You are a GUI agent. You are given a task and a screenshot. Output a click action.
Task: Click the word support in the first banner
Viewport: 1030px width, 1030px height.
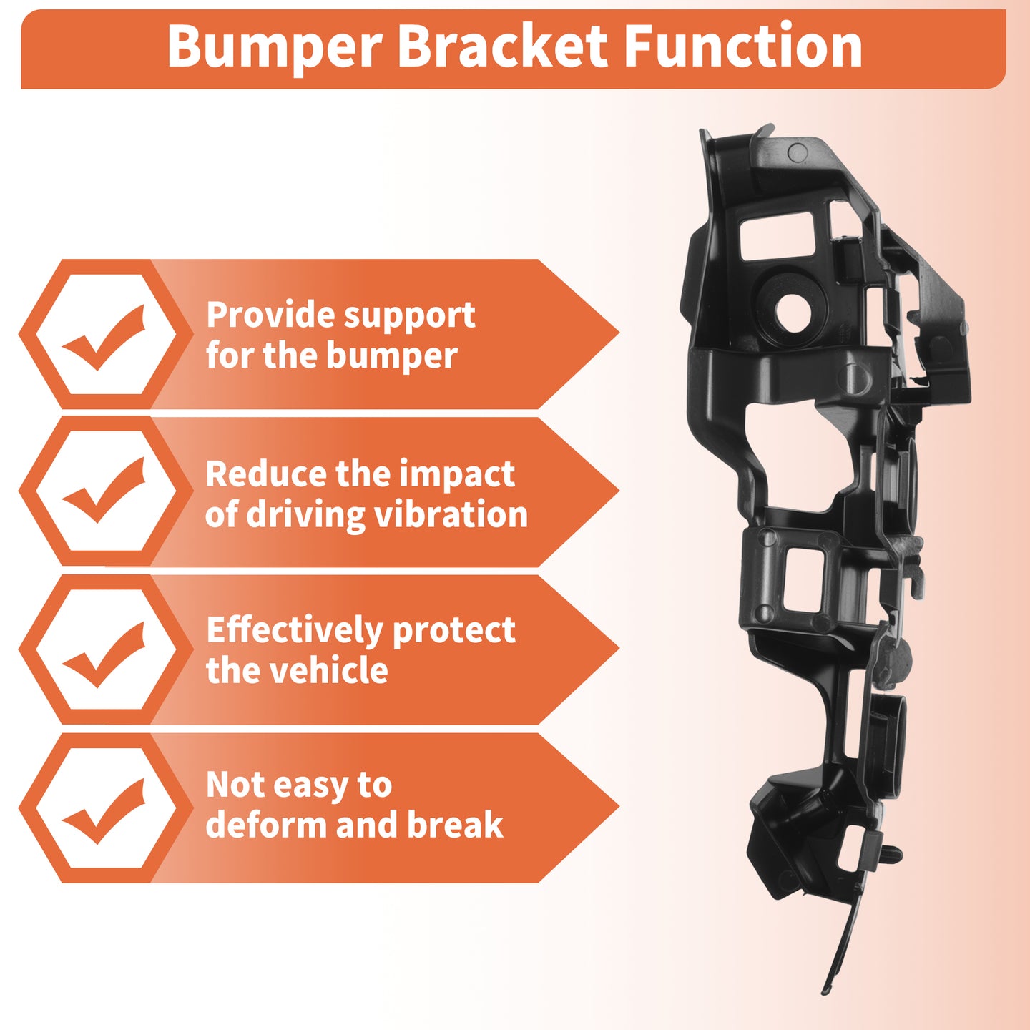click(x=409, y=317)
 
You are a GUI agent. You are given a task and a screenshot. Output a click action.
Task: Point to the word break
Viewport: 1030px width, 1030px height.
click(x=456, y=825)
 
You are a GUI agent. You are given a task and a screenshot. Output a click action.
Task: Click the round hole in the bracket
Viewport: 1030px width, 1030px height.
click(x=792, y=312)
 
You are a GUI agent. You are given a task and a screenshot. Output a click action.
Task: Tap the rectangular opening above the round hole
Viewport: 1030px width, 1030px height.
click(x=778, y=235)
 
